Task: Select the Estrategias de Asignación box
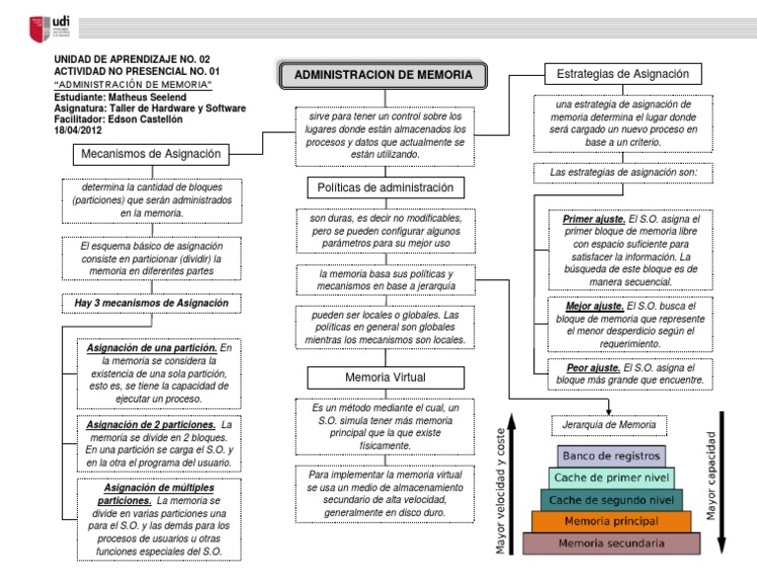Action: point(623,74)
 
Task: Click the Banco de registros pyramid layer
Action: point(606,457)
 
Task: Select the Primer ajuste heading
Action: point(592,219)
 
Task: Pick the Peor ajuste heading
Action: point(592,366)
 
